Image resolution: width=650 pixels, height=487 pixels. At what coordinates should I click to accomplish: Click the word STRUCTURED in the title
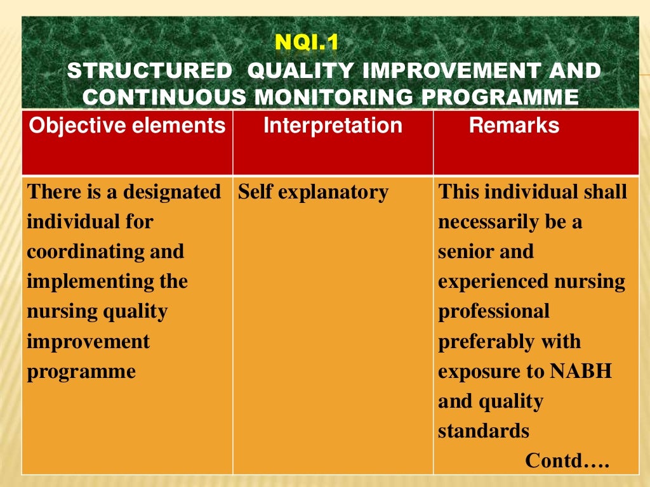click(x=149, y=71)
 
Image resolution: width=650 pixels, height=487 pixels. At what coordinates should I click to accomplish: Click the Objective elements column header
click(x=127, y=126)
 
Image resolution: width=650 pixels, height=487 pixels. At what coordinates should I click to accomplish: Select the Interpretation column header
click(x=333, y=126)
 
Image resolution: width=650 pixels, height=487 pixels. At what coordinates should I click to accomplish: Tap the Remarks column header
click(x=514, y=126)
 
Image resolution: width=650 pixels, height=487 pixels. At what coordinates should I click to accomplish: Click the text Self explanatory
click(x=313, y=192)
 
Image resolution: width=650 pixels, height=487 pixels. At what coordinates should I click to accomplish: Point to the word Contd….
click(x=567, y=461)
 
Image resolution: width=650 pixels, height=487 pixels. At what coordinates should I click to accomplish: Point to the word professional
click(x=494, y=311)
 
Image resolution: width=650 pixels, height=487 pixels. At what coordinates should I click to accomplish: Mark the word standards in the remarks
click(x=483, y=431)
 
